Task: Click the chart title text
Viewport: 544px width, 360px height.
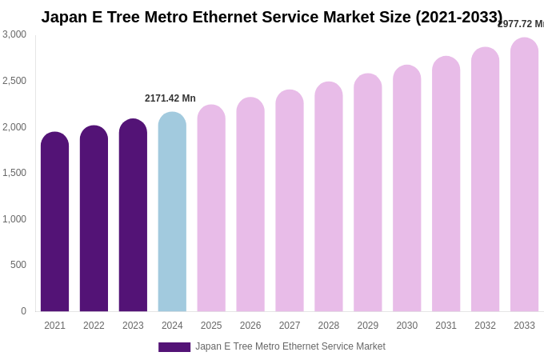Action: pyautogui.click(x=272, y=17)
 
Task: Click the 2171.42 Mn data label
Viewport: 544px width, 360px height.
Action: pyautogui.click(x=170, y=98)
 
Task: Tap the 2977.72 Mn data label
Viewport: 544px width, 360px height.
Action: pyautogui.click(x=521, y=24)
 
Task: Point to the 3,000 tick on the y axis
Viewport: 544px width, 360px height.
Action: pyautogui.click(x=14, y=34)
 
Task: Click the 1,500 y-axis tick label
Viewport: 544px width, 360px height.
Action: pyautogui.click(x=14, y=173)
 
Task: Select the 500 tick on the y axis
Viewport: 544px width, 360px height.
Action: pyautogui.click(x=18, y=265)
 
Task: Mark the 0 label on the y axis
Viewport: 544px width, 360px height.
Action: pyautogui.click(x=23, y=311)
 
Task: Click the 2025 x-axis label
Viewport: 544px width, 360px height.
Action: pyautogui.click(x=211, y=326)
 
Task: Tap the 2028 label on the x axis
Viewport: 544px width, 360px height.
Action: pyautogui.click(x=329, y=326)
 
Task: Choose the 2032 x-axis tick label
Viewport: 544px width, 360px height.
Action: pyautogui.click(x=485, y=326)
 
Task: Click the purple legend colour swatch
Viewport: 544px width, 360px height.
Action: pyautogui.click(x=174, y=347)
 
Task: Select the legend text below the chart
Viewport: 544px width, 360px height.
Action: pyautogui.click(x=290, y=346)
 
